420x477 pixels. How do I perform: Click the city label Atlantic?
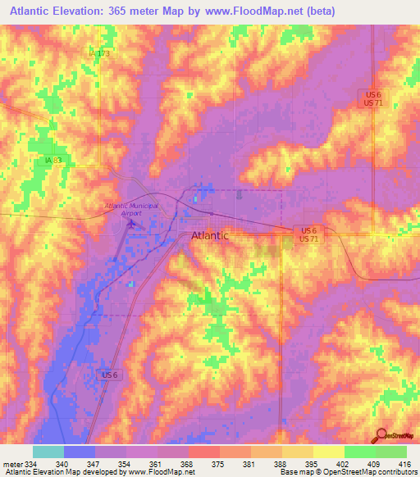[210, 236]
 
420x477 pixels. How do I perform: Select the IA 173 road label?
[98, 53]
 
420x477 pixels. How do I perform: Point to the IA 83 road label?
[48, 161]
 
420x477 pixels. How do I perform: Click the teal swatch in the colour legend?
[48, 452]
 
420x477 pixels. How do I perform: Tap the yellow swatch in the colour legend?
[328, 452]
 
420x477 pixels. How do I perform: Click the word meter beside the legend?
[11, 464]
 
